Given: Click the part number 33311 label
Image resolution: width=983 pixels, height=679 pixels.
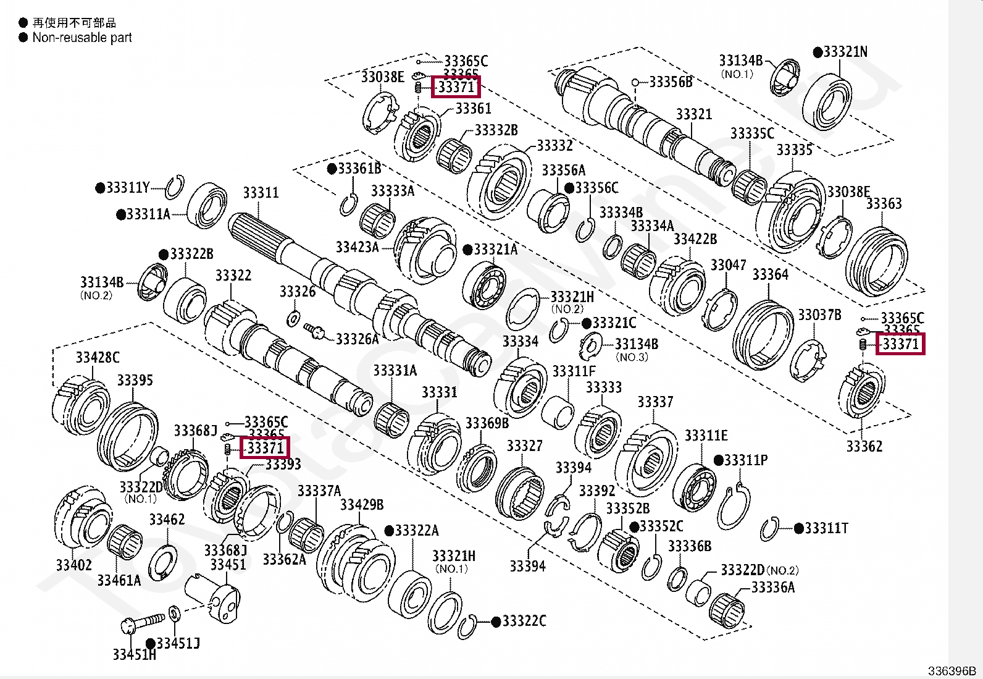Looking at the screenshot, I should coord(261,193).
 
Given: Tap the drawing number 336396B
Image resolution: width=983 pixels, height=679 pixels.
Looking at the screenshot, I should coord(952,671).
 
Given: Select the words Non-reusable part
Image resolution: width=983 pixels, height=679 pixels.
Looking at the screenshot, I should coord(82,38).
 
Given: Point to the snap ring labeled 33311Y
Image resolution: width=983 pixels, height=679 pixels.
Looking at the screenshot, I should coord(175,187).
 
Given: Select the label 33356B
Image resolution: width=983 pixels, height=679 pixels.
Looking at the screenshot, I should coord(671,82).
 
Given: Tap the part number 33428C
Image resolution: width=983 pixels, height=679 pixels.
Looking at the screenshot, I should coord(98,357).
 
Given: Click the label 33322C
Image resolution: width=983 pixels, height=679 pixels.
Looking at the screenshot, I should coord(524,621).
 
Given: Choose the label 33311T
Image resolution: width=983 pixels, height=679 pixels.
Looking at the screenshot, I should coord(826,528).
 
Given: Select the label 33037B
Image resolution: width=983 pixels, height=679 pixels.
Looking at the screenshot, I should coord(819,315).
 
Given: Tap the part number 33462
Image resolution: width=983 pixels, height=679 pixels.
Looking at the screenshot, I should coord(167,520).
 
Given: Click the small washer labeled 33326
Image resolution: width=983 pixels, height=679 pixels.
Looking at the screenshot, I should coord(294,319).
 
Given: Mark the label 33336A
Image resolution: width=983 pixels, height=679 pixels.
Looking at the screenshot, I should coord(772,588).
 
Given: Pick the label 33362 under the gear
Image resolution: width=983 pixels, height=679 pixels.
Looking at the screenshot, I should coord(864,446).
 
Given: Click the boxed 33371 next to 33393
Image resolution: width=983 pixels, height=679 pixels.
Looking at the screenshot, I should coord(265,447).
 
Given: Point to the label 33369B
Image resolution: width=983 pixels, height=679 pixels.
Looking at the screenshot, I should coord(487,423).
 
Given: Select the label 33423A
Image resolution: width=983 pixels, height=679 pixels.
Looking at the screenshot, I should coord(357,247).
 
